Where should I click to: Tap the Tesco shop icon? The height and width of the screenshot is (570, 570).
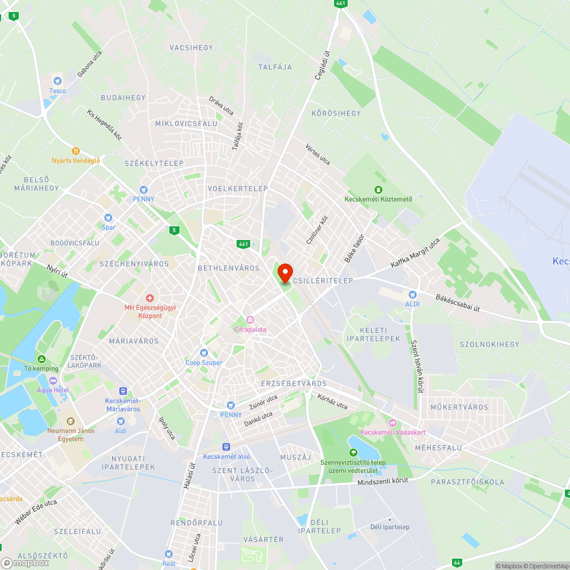(x=57, y=82)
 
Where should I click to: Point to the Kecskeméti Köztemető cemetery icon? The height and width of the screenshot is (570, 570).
(x=378, y=190)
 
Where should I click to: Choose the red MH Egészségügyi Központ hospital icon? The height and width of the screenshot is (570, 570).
(x=150, y=298)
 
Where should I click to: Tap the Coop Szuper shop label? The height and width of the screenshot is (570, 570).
(x=204, y=363)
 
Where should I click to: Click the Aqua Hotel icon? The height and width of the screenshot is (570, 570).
(x=53, y=381)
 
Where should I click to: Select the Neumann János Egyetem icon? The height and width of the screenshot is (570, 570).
(x=71, y=421)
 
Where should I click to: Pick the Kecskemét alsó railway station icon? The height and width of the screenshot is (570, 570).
(x=226, y=447)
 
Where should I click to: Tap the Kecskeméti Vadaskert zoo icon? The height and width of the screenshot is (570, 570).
(x=393, y=423)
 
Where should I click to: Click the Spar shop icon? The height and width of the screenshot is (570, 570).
(x=108, y=218)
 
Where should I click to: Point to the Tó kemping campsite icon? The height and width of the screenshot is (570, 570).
(x=41, y=359)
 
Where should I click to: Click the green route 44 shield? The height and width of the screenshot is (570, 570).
(x=457, y=563)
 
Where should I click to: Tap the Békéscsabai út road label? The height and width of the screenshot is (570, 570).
(x=458, y=303)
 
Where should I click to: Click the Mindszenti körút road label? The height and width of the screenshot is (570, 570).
(x=383, y=482)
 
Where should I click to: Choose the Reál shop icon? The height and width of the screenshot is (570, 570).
(x=169, y=554)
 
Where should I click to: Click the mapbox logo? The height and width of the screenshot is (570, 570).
(x=26, y=563)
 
